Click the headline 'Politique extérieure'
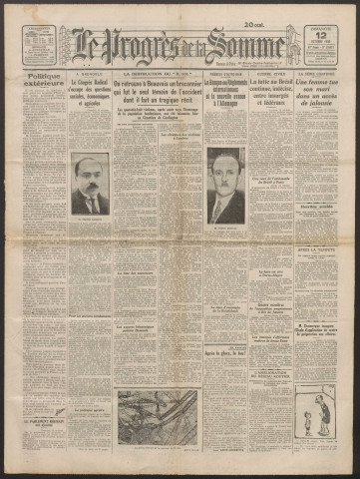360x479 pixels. pos(37,79)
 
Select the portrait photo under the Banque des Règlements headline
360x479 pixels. pos(225,185)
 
